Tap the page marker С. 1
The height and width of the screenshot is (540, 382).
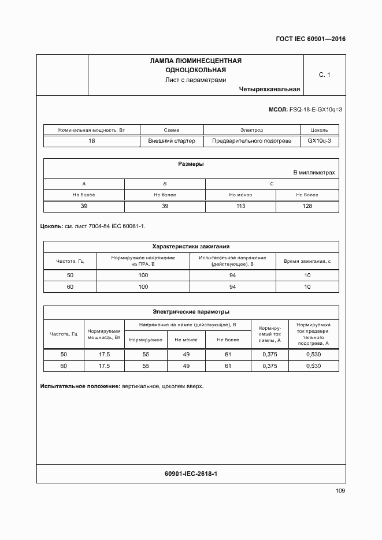click(324, 75)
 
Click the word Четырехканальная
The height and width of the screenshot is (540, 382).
click(269, 90)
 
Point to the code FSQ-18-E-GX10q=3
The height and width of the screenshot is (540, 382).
click(316, 109)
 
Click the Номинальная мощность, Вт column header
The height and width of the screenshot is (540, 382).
click(91, 131)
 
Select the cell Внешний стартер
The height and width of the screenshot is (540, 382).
click(172, 141)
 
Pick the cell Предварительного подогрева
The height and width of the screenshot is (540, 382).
click(251, 141)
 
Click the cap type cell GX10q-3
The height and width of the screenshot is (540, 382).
click(319, 141)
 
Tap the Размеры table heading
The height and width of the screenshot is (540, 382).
click(191, 164)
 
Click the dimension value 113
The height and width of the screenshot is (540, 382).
click(240, 206)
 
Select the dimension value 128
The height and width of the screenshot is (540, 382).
click(307, 206)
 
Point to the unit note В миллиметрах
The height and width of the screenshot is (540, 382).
click(314, 173)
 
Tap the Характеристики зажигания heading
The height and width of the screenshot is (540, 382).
click(191, 246)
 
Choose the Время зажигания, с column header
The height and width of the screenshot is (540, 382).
click(307, 261)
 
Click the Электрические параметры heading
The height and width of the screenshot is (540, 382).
click(191, 312)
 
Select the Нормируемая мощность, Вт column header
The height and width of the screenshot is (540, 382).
click(104, 334)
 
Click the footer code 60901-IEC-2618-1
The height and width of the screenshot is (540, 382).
click(191, 474)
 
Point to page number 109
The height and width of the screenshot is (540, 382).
click(340, 491)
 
